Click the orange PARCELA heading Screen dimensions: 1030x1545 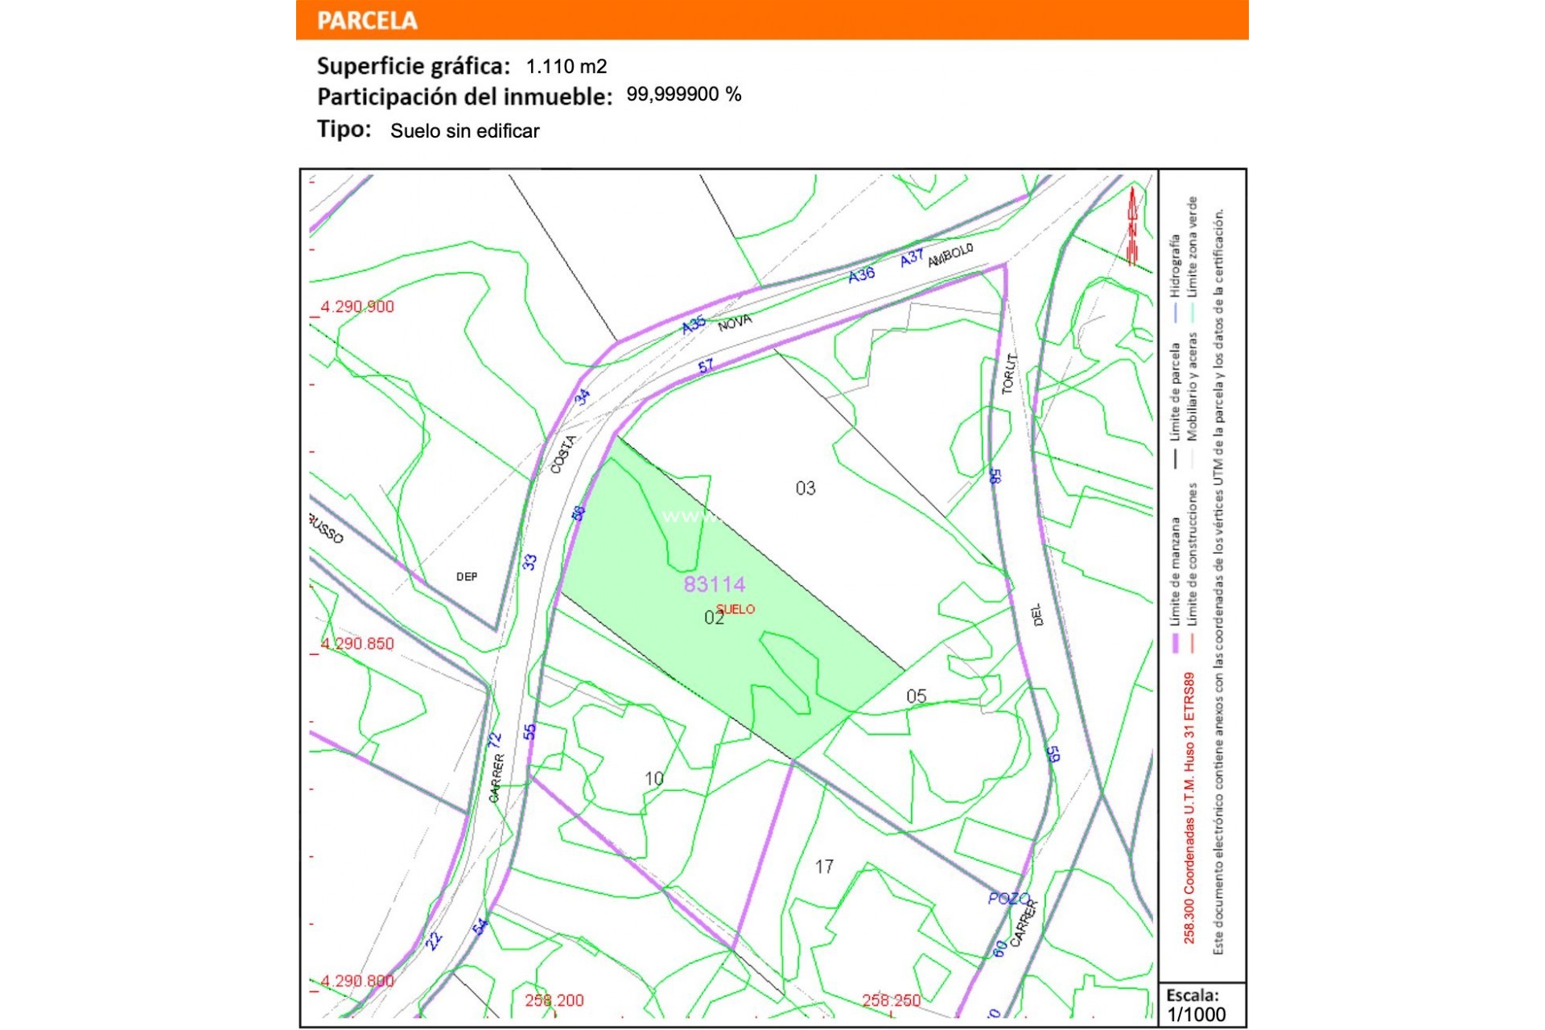(367, 20)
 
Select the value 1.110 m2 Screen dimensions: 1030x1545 (566, 66)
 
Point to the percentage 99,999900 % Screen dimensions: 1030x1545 (684, 95)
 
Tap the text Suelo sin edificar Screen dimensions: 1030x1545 (464, 131)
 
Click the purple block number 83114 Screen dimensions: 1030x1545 (715, 584)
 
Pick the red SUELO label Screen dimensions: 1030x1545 (735, 609)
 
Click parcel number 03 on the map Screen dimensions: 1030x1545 (805, 488)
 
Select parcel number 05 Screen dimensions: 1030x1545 (917, 696)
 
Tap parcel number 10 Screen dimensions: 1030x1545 (654, 779)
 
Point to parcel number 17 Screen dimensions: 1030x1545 (824, 867)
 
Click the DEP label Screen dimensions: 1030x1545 (467, 577)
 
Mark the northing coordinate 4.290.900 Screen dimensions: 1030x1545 (357, 307)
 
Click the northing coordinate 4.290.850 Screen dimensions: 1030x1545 (357, 644)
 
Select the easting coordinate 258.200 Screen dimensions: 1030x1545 (554, 1001)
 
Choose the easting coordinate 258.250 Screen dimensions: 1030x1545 (892, 1001)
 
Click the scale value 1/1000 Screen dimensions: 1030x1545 (1197, 1015)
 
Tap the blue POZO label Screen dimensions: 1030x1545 (1009, 898)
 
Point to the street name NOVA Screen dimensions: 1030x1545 (735, 323)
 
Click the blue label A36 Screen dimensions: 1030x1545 (862, 274)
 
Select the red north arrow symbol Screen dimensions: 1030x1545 (1133, 226)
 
